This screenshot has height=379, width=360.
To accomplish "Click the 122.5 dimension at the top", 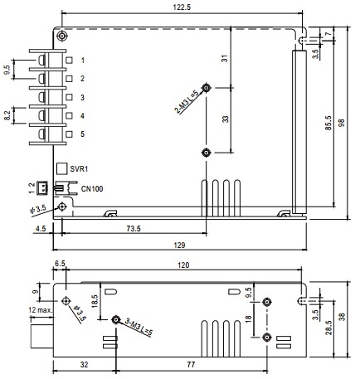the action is click(x=182, y=7).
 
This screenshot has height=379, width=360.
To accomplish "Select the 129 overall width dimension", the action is click(x=179, y=245).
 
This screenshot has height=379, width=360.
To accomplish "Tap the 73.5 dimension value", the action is click(x=134, y=229).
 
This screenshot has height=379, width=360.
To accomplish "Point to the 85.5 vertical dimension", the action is click(x=328, y=123).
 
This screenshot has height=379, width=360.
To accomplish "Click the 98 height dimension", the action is click(x=342, y=123).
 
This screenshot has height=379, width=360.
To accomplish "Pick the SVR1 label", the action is click(x=79, y=168).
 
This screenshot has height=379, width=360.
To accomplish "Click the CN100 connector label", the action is click(x=92, y=189).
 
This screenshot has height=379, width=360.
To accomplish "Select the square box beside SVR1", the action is click(x=62, y=168).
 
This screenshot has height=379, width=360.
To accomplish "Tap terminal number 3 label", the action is click(x=82, y=97).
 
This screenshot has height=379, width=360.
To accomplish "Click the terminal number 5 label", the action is click(x=82, y=134).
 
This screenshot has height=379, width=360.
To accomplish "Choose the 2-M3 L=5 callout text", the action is click(x=187, y=102).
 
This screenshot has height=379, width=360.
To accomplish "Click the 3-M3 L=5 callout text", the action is click(x=139, y=327).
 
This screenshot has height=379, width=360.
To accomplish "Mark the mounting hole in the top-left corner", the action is click(x=62, y=36).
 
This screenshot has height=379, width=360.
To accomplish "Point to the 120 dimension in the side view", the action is click(x=183, y=265).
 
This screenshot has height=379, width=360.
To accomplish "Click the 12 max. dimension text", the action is click(x=41, y=310).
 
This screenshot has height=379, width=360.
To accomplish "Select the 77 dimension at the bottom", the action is click(x=191, y=365).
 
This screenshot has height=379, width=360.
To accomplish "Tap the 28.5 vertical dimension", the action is click(x=328, y=328).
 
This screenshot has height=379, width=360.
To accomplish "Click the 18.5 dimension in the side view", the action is click(x=95, y=301).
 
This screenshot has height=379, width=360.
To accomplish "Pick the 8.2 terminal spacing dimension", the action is click(x=7, y=115).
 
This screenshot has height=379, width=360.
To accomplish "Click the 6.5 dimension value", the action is click(x=60, y=264).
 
